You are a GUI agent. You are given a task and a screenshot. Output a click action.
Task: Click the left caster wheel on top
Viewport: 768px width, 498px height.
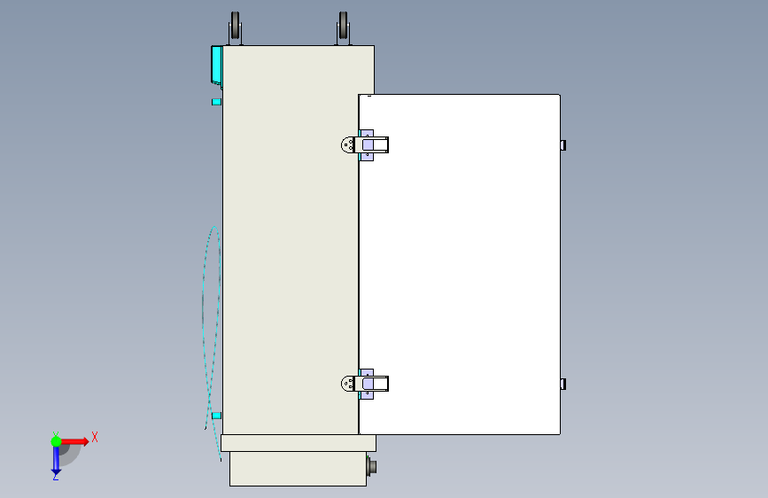pyautogui.click(x=235, y=28)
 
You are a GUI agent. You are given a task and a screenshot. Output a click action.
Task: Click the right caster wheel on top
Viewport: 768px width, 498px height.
pyautogui.click(x=344, y=28)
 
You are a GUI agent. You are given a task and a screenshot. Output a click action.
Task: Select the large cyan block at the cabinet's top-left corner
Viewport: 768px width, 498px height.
pyautogui.click(x=216, y=66)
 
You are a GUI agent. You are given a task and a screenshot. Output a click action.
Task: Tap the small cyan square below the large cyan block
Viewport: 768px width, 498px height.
pyautogui.click(x=216, y=102)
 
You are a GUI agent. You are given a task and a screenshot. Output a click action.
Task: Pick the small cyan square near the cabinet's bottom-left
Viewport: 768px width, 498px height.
pyautogui.click(x=216, y=416)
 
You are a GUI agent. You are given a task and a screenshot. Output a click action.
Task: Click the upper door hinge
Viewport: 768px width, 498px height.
pyautogui.click(x=364, y=145)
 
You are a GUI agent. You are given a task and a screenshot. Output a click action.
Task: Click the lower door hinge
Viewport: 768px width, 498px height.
pyautogui.click(x=364, y=384)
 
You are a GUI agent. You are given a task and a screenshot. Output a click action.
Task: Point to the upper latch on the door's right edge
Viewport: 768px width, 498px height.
pyautogui.click(x=563, y=145)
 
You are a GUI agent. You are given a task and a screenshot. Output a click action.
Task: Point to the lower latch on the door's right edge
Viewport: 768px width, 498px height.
pyautogui.click(x=563, y=384)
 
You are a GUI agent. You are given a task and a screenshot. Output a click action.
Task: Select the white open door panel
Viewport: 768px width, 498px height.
pyautogui.click(x=460, y=264)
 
